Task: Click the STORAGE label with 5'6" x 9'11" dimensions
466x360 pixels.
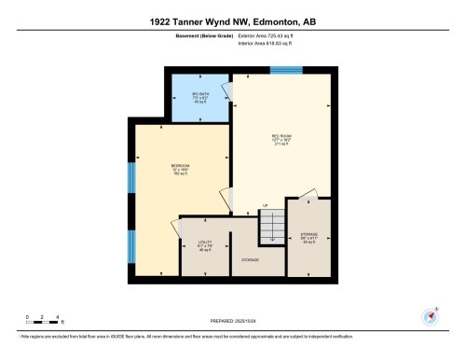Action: (309, 236)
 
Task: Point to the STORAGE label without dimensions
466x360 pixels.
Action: (250, 259)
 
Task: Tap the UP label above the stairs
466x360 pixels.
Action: (265, 205)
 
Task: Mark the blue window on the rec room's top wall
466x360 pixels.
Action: (284, 69)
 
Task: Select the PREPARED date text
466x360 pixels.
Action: (233, 320)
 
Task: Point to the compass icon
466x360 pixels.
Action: (432, 315)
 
